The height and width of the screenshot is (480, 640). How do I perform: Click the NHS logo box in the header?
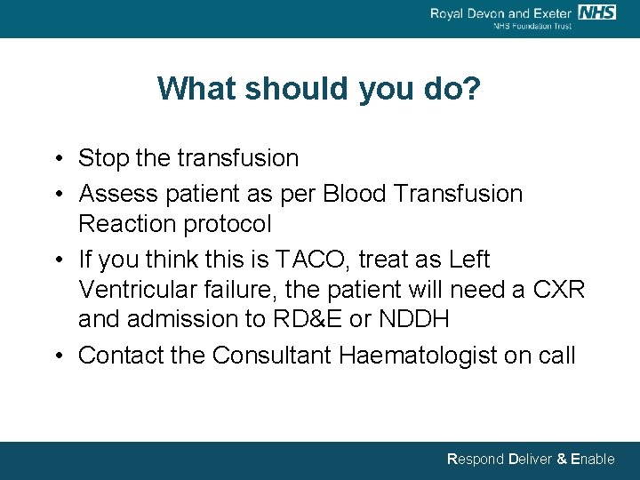point(596,12)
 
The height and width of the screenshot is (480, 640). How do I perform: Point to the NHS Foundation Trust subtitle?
point(532,27)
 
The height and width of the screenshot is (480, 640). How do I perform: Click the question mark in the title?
point(472,89)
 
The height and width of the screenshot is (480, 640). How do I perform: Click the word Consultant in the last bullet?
point(274,356)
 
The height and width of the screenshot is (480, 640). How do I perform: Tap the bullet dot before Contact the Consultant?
point(57,356)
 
